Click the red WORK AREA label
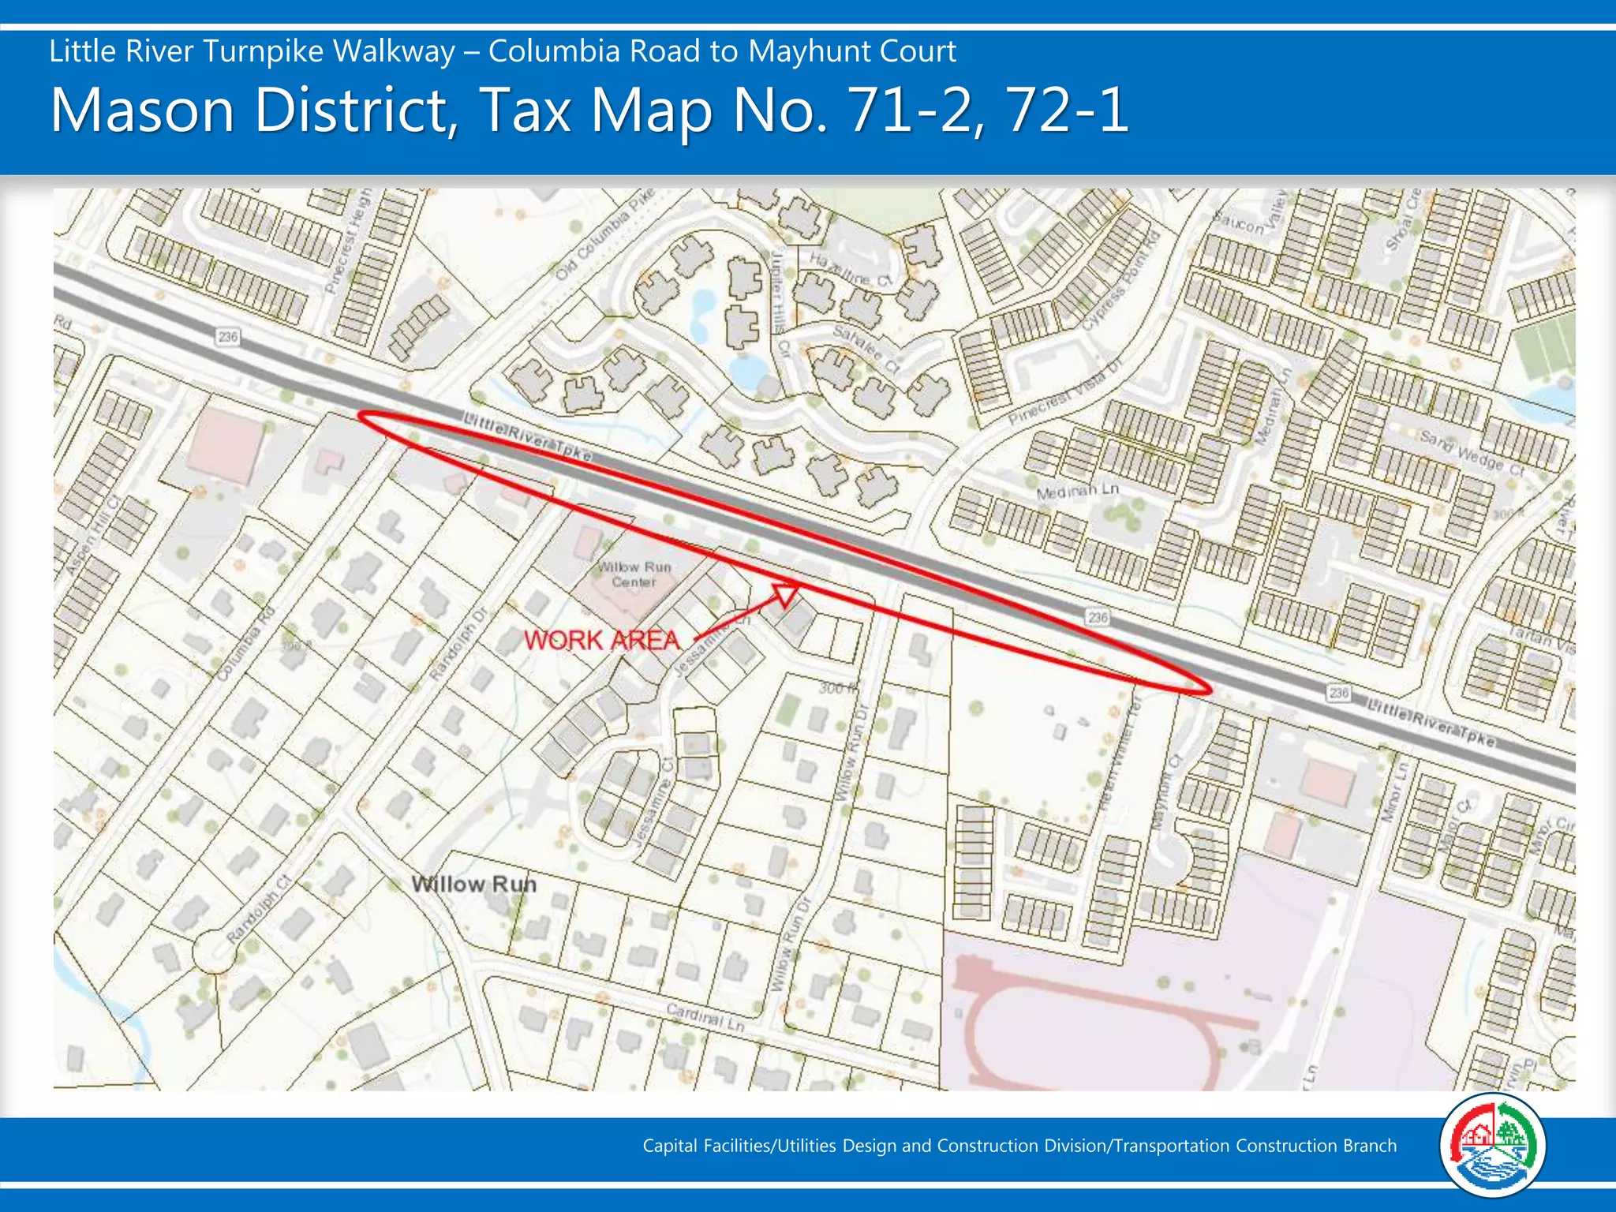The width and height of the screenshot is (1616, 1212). point(601,640)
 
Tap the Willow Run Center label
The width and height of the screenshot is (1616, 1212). point(634,574)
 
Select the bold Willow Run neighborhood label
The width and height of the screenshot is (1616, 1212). point(474,885)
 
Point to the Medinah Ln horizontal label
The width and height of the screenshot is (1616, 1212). point(1078,492)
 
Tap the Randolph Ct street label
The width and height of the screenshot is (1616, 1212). point(259,909)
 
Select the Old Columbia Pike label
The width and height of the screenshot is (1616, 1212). point(605,234)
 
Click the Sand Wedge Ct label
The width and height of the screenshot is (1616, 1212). point(1472,451)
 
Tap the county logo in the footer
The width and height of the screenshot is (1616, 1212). point(1491,1145)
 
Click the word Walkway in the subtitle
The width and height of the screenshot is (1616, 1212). point(394,51)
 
